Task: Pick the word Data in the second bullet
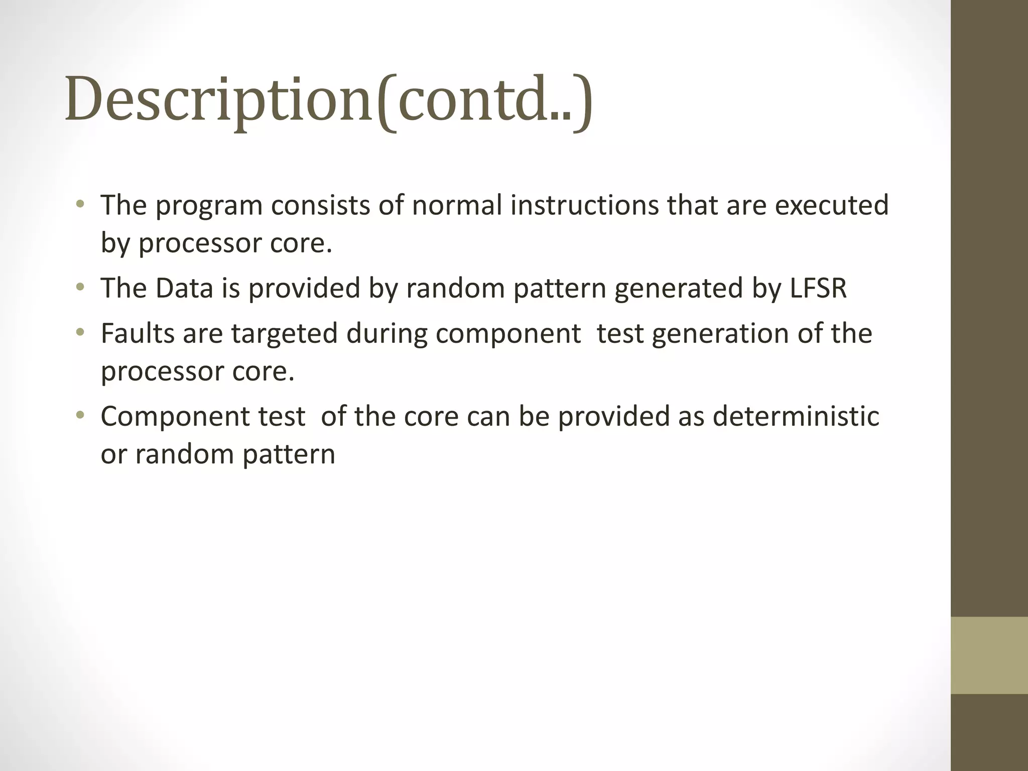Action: pyautogui.click(x=184, y=289)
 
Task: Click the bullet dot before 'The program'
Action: pyautogui.click(x=80, y=205)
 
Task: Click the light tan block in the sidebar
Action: pyautogui.click(x=989, y=655)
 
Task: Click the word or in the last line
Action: pyautogui.click(x=113, y=454)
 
